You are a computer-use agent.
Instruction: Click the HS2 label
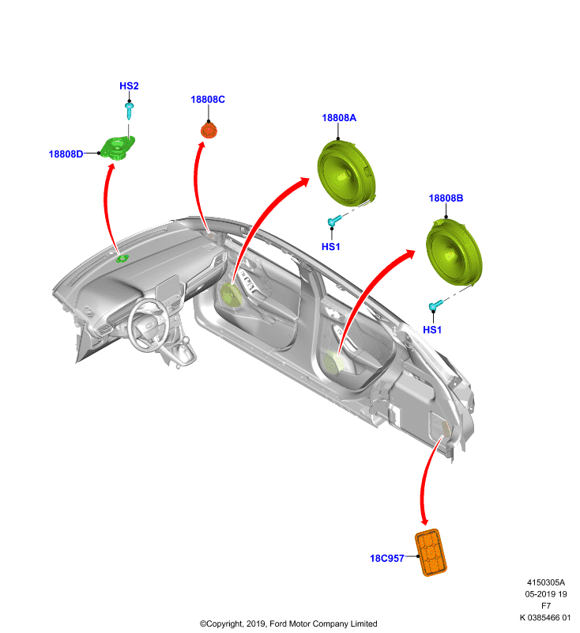(x=129, y=85)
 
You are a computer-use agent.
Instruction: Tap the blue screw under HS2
(x=129, y=111)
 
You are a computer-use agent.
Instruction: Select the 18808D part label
(x=66, y=154)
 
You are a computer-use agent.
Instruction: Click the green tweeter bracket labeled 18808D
(x=117, y=148)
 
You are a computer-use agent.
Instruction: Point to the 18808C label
(x=208, y=100)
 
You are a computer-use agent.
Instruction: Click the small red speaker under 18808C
(x=209, y=131)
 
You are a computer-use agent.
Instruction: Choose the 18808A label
(x=339, y=117)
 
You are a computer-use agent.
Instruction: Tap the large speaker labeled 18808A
(x=347, y=172)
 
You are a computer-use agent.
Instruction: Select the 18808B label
(x=446, y=198)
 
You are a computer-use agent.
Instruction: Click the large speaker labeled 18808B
(x=454, y=252)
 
